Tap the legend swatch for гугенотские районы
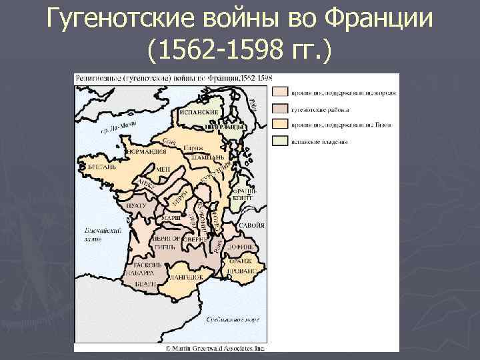pos(279,109)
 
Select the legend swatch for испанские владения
pos(279,140)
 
